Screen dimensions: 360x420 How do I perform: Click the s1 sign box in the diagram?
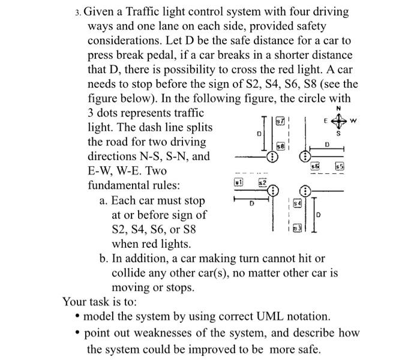pos(238,181)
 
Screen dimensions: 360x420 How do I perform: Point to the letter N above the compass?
pos(338,109)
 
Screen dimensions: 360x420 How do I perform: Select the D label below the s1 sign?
pos(253,204)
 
